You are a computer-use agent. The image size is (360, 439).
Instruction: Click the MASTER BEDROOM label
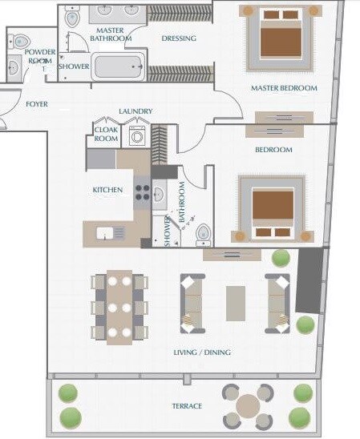pos(283,88)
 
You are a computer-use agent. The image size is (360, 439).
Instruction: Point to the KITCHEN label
pos(107,190)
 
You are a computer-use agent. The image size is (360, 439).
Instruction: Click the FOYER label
pos(36,104)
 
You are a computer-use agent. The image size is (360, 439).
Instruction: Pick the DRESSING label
pos(179,38)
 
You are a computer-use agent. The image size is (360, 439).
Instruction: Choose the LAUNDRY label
pos(135,111)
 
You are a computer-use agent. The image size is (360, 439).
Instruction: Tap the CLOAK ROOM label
pos(107,134)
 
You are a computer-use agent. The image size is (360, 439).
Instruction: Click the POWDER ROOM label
pos(39,56)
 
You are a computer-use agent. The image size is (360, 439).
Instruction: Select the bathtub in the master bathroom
pos(118,66)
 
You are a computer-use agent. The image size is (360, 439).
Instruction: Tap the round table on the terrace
pos(248,405)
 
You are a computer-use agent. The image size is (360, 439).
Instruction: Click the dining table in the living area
pos(119,306)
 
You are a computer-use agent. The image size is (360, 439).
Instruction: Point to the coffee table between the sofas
pos(236,303)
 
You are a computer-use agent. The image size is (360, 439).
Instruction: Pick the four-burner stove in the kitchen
pos(142,192)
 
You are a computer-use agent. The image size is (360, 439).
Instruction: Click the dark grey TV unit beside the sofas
pos(309,280)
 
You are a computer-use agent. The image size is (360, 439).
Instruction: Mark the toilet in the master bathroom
pos(72,17)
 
